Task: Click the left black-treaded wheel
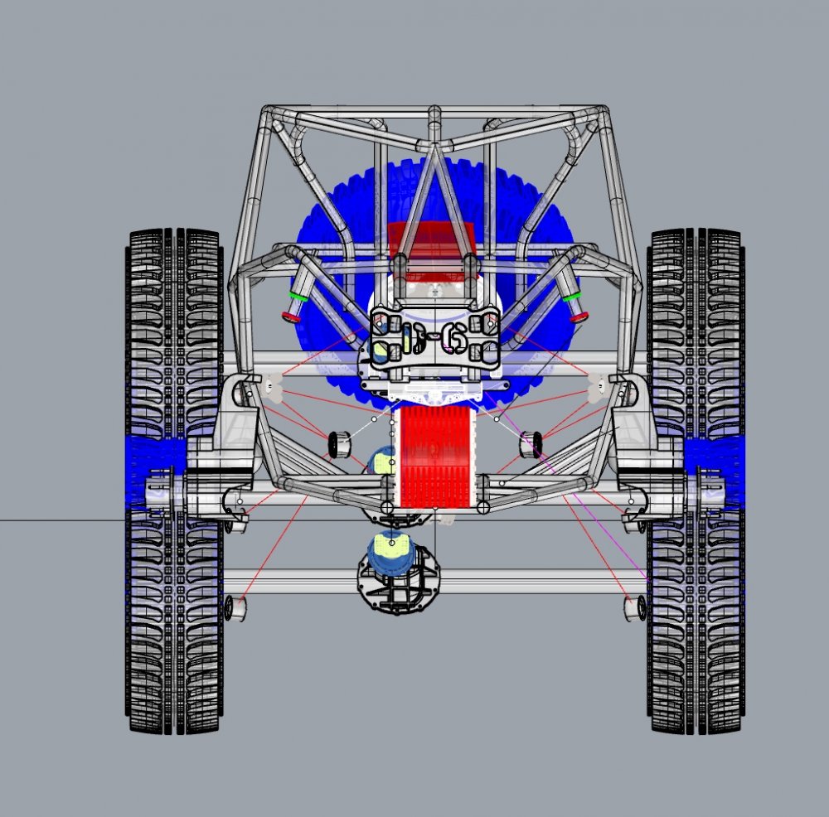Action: (x=174, y=630)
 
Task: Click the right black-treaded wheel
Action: (x=696, y=630)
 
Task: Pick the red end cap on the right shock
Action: (x=579, y=316)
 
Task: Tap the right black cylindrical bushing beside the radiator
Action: (x=531, y=445)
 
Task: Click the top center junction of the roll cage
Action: (x=434, y=145)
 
